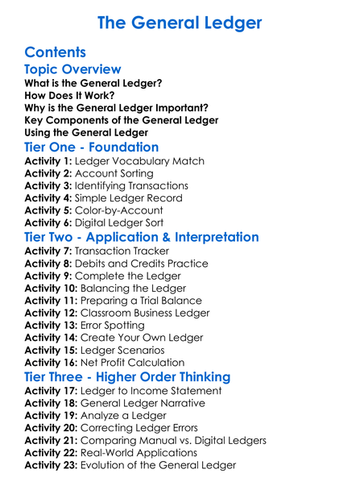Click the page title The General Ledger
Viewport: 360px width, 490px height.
(180, 22)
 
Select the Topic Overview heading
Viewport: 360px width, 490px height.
(73, 69)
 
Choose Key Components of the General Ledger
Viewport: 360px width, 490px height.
(122, 119)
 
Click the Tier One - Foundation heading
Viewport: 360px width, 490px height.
(92, 147)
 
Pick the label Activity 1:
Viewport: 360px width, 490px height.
(50, 161)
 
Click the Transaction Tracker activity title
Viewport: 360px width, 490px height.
(133, 251)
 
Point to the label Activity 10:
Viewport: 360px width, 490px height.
(53, 289)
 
